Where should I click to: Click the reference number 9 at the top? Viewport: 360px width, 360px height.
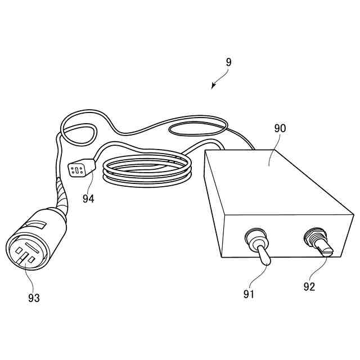(228, 62)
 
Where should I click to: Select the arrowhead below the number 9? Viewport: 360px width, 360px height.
(213, 87)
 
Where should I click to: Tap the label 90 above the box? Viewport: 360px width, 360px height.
(280, 128)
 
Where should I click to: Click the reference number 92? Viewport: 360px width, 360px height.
(309, 287)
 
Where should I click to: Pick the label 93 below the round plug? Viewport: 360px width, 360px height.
(34, 298)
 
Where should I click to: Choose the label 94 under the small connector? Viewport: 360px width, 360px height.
(88, 198)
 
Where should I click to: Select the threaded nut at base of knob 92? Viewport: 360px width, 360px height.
(312, 235)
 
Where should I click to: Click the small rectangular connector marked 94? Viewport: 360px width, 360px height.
(78, 169)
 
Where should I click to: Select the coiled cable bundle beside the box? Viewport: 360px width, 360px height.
(147, 170)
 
